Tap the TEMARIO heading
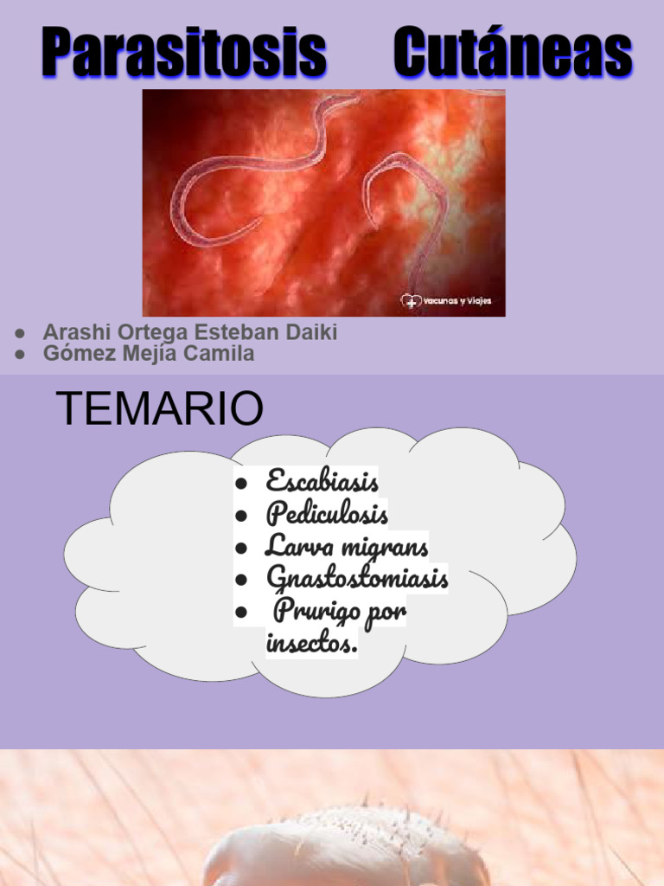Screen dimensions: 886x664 (x=159, y=408)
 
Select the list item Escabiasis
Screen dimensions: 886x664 (x=322, y=481)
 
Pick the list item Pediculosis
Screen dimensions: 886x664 (x=327, y=514)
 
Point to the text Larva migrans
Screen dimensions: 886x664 (x=346, y=546)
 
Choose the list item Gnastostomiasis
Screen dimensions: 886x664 (x=357, y=577)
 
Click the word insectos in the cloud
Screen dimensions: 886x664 (x=311, y=644)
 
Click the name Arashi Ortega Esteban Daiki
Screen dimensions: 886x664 (x=190, y=332)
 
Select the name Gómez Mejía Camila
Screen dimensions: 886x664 (x=149, y=354)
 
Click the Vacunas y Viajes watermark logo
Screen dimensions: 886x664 (x=446, y=301)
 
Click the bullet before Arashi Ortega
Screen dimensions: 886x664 (x=20, y=333)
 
